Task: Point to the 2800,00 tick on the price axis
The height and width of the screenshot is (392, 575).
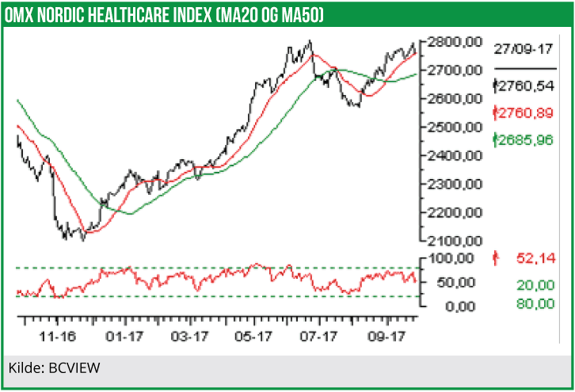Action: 454,42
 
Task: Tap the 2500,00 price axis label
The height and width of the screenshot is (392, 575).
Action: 454,127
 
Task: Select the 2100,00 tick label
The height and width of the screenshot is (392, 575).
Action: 454,241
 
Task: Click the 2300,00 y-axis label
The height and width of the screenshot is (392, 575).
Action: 454,184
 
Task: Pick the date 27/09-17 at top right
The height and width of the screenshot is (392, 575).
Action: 523,48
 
